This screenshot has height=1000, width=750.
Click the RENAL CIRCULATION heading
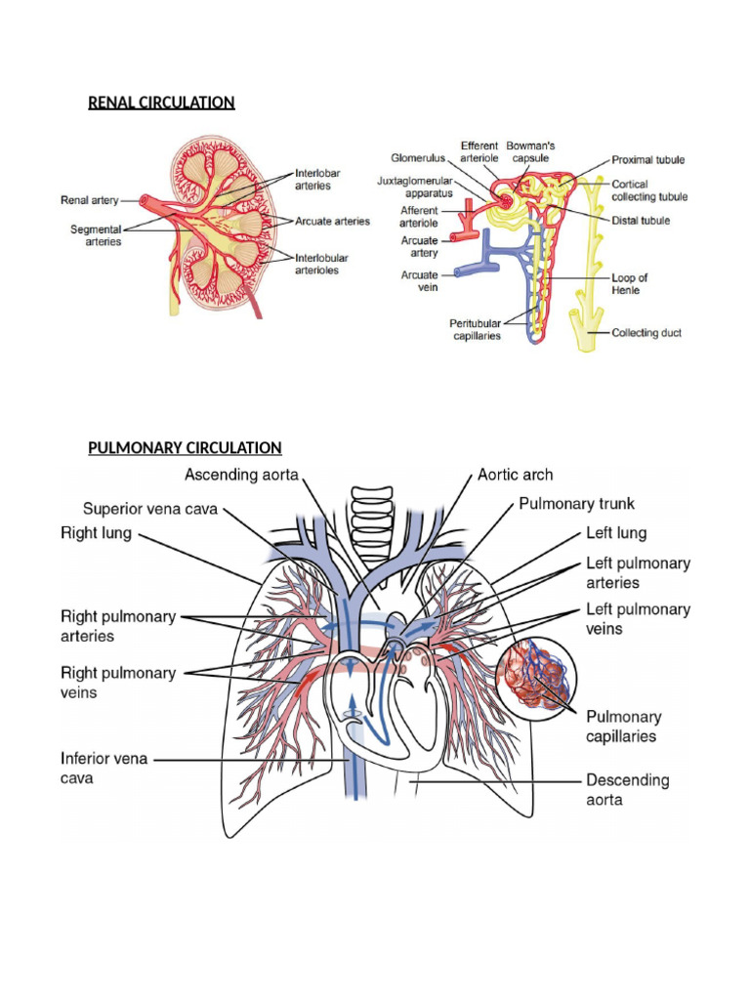161,103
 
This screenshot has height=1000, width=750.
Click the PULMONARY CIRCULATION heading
185,447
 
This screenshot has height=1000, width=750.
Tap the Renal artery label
89,200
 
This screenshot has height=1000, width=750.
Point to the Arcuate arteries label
332,222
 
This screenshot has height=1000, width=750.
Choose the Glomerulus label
418,156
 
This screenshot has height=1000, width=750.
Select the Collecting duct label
646,333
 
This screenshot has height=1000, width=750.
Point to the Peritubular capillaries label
475,329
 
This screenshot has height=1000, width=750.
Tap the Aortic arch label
515,475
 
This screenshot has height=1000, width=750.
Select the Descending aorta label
627,790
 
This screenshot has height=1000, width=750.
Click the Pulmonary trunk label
576,504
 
